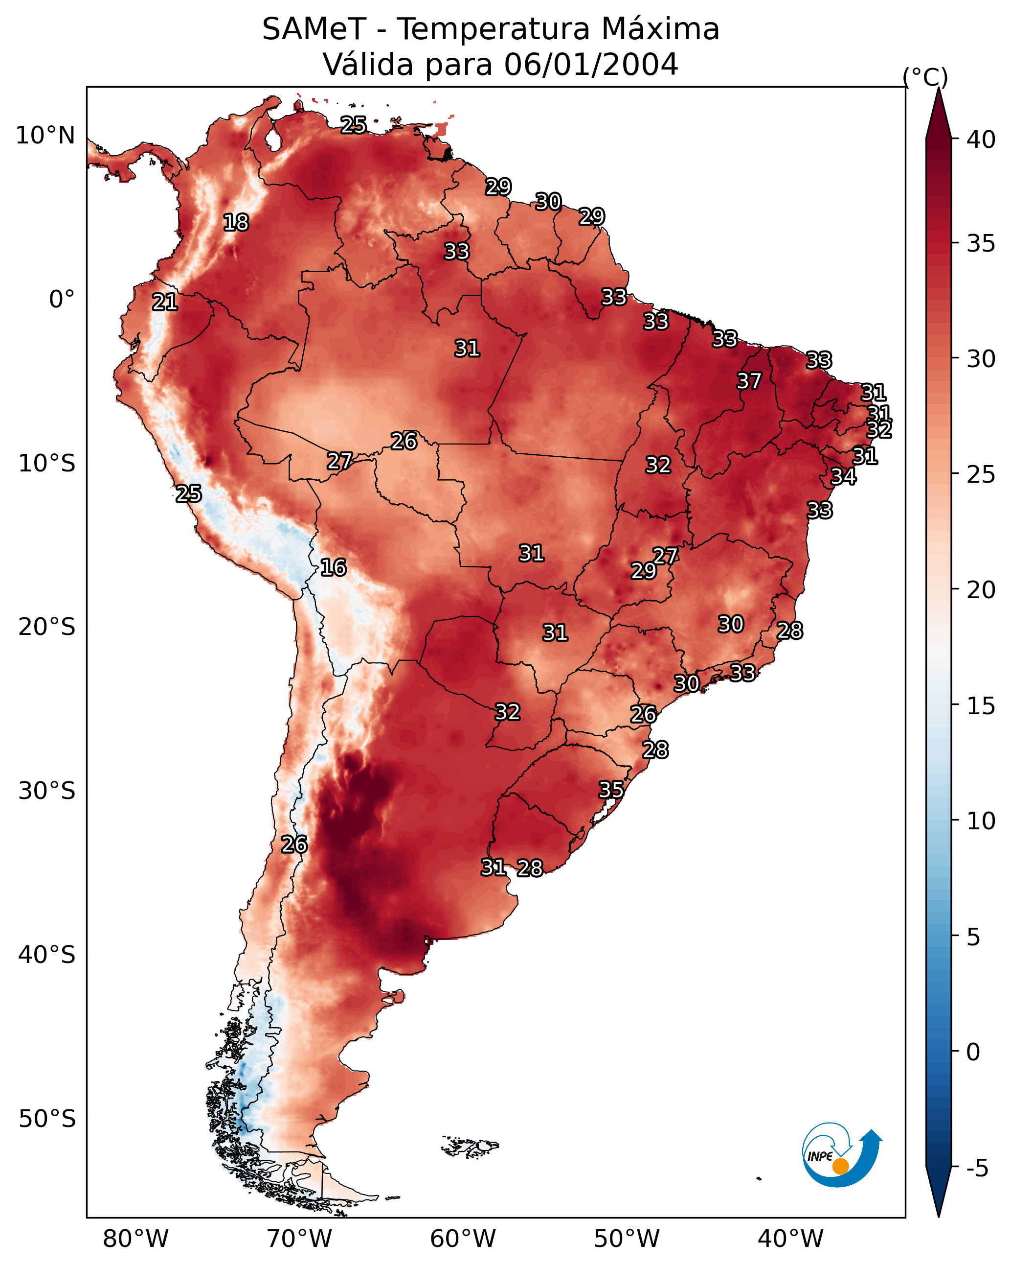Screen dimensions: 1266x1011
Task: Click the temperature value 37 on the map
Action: point(749,381)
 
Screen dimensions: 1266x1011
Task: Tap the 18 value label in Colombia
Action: point(236,223)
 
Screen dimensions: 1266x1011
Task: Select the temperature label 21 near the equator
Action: point(165,303)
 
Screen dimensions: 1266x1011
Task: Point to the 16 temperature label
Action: point(333,567)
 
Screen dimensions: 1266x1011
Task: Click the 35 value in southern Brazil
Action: point(611,790)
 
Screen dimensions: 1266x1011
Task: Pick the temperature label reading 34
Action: point(843,477)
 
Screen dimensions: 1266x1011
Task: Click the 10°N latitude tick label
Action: point(45,136)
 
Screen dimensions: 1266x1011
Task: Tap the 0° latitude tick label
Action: point(62,300)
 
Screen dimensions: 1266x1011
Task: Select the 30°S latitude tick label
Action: point(47,791)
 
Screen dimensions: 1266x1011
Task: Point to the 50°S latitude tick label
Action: point(47,1119)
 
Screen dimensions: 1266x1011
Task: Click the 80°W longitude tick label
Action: point(135,1239)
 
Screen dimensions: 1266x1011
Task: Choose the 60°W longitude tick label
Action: point(463,1239)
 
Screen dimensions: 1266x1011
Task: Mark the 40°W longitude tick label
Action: point(790,1239)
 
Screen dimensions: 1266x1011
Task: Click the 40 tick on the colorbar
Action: point(981,140)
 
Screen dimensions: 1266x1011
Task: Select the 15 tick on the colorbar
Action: point(981,706)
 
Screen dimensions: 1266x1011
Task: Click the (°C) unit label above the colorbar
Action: point(925,77)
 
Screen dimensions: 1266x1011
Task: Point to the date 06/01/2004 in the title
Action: point(591,65)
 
